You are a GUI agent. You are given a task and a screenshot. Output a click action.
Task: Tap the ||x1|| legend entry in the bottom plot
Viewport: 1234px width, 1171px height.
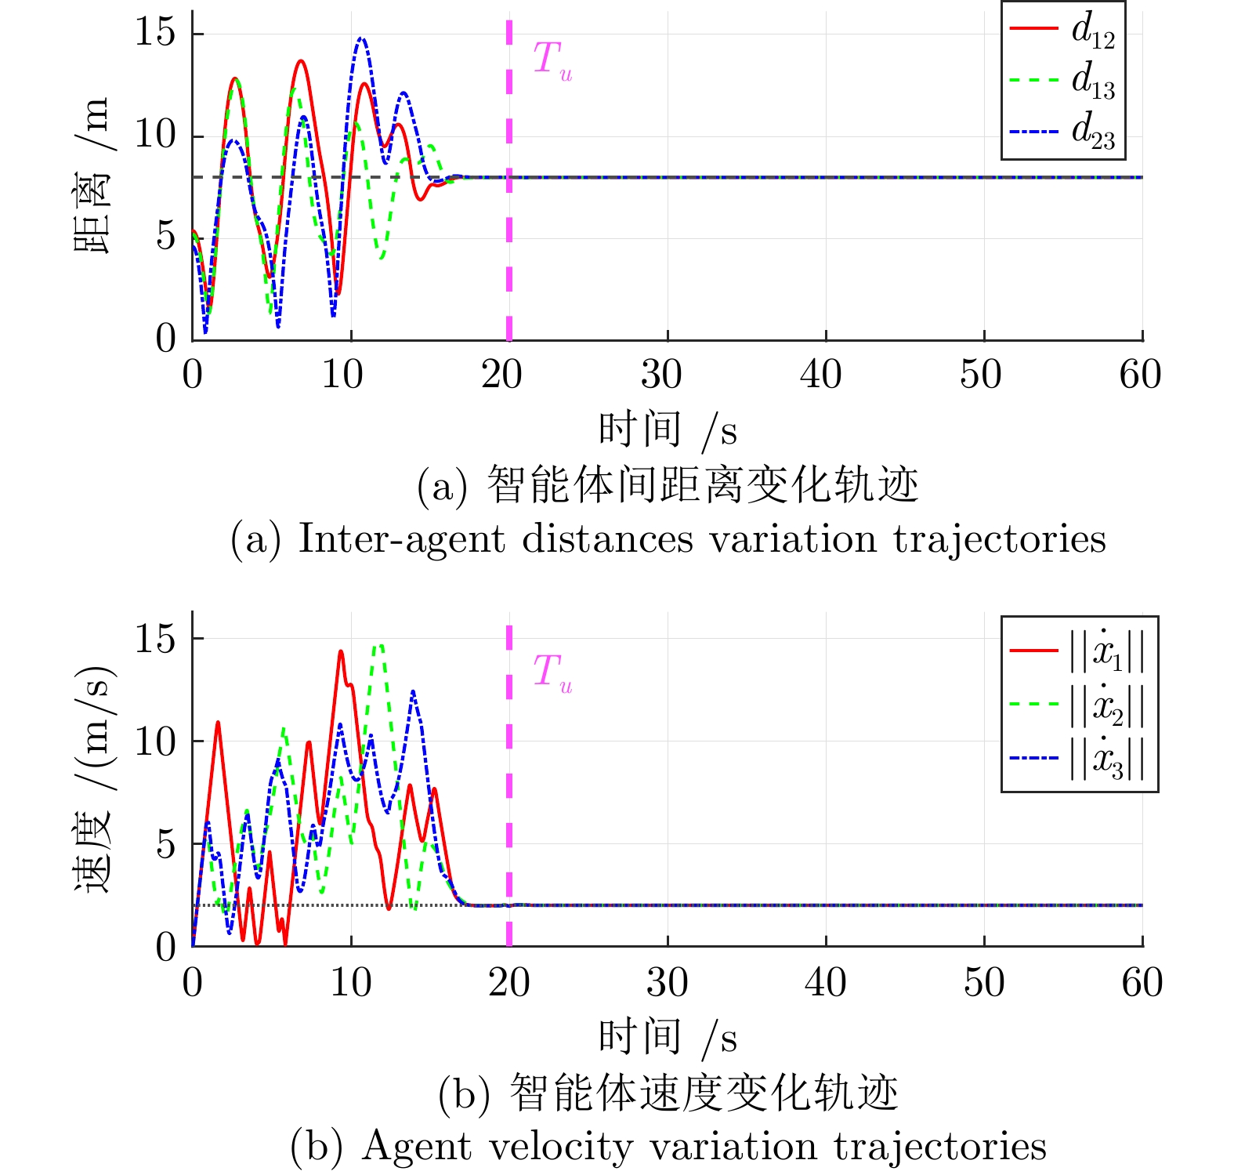(1078, 650)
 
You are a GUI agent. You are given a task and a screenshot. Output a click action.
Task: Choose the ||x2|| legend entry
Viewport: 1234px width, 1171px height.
(1078, 704)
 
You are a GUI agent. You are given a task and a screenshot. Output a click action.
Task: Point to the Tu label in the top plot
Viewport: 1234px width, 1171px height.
(552, 60)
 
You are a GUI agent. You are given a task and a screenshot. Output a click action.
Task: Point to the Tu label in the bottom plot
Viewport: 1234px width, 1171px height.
(552, 673)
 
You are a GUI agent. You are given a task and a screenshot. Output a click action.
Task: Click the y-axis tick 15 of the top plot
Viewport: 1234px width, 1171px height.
(155, 33)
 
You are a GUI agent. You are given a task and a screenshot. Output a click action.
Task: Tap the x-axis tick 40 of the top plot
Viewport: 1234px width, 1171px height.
(821, 375)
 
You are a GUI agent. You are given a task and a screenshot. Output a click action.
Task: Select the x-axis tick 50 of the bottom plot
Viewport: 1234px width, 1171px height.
(984, 983)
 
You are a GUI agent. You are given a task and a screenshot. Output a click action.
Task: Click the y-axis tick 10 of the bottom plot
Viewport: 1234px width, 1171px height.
(155, 741)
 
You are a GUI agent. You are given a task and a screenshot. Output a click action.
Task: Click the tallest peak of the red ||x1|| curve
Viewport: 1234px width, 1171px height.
(341, 651)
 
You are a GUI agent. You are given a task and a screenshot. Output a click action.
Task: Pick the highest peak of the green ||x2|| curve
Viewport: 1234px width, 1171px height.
(379, 644)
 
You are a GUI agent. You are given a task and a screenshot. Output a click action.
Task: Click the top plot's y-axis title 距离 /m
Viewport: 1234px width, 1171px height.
(92, 176)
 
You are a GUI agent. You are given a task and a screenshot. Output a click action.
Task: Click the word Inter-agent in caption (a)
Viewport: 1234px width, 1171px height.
(401, 539)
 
